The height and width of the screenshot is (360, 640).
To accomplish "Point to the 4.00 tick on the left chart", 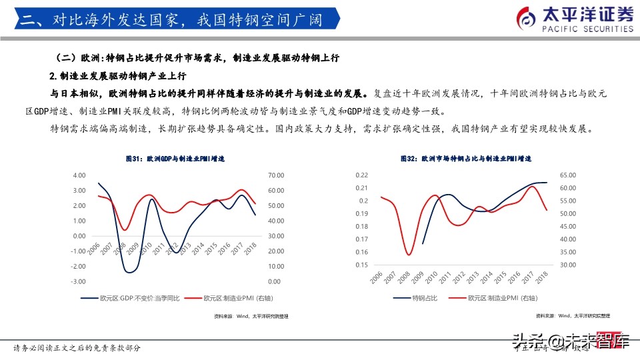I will [79, 175].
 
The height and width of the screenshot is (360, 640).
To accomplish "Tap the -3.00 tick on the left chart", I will [77, 265].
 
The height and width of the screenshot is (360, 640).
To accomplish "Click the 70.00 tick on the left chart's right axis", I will [276, 175].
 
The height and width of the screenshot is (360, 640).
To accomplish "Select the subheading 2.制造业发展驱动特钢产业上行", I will [117, 75].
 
